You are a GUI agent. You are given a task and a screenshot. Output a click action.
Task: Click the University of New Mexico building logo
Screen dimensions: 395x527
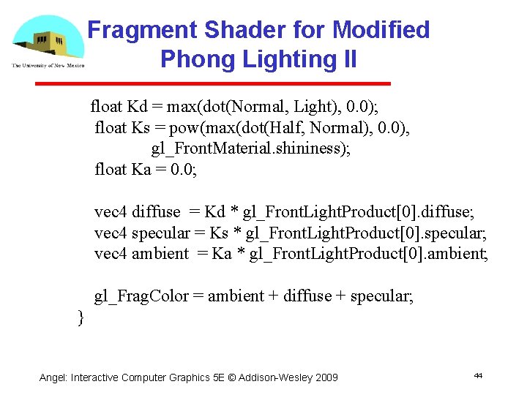[48, 40]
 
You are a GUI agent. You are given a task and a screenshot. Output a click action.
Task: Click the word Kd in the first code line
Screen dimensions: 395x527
[137, 107]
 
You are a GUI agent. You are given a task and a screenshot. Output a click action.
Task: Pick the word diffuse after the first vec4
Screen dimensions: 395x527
[156, 212]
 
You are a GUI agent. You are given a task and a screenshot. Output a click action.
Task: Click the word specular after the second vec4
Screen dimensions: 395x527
[160, 233]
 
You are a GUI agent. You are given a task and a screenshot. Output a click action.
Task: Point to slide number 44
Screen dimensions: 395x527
[478, 375]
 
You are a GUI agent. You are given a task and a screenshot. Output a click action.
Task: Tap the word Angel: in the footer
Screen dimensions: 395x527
[53, 377]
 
